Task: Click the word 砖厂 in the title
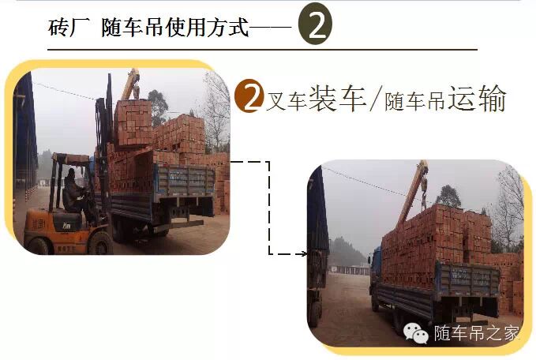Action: tap(69, 28)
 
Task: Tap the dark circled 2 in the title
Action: tap(315, 24)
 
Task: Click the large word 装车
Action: tap(337, 97)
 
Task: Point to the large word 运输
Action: tap(477, 98)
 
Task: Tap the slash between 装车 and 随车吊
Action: tap(374, 99)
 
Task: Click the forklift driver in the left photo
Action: tap(74, 192)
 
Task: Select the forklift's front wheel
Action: tap(100, 242)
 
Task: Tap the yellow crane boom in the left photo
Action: tap(130, 84)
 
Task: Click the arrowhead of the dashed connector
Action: tap(303, 253)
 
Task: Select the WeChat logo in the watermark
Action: tap(416, 333)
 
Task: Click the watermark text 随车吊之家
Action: tap(477, 333)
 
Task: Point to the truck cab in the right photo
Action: tap(375, 273)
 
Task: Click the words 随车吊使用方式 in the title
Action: tap(174, 28)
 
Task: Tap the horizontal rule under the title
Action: tap(262, 50)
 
